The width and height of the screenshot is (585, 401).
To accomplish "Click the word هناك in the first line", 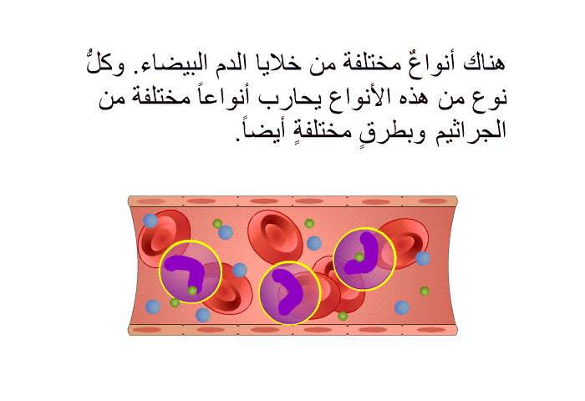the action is pyautogui.click(x=484, y=63).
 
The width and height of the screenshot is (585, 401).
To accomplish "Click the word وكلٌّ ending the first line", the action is pyautogui.click(x=105, y=63).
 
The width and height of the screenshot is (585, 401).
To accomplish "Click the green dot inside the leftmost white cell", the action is pyautogui.click(x=192, y=291).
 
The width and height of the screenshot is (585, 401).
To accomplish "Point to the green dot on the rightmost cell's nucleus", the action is pyautogui.click(x=359, y=257).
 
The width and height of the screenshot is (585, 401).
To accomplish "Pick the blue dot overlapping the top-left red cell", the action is pyautogui.click(x=150, y=221).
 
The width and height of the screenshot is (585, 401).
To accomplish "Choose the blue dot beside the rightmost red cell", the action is pyautogui.click(x=423, y=258).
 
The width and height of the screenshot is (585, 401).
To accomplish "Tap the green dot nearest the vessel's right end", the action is pyautogui.click(x=425, y=291).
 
